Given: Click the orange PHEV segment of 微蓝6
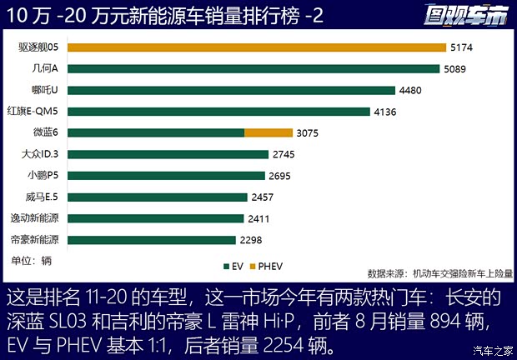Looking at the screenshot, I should pyautogui.click(x=269, y=132).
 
